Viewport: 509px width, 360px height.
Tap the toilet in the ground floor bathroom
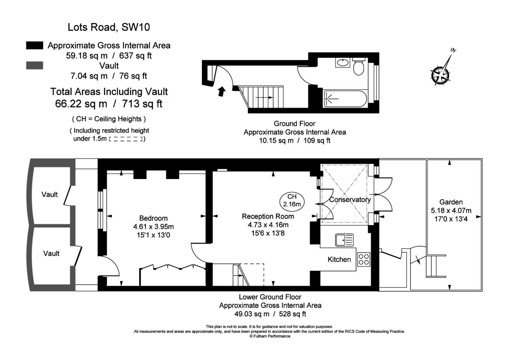click(x=359, y=67)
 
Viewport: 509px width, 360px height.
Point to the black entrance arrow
click(x=221, y=91)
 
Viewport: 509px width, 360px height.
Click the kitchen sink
click(x=344, y=240)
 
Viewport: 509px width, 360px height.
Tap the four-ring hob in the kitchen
click(x=364, y=259)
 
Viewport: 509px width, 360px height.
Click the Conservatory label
click(x=350, y=200)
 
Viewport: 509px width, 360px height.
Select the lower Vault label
click(x=50, y=253)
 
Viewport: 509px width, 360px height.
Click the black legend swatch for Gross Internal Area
click(x=34, y=45)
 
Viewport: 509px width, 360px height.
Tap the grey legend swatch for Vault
click(x=34, y=65)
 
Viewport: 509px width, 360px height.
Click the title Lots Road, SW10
click(x=109, y=28)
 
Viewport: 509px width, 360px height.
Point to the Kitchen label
click(x=339, y=259)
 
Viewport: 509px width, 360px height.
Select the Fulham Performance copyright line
click(x=270, y=336)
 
